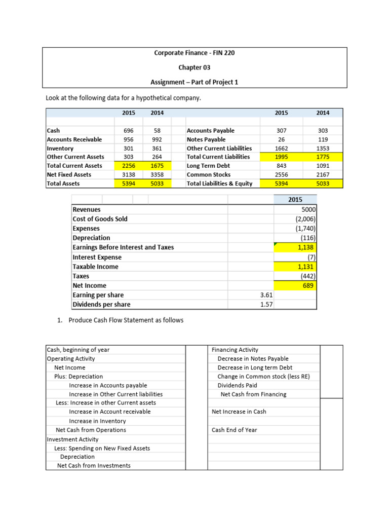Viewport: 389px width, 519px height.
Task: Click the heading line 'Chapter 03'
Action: tap(194, 67)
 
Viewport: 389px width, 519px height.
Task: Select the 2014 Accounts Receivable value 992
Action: tap(157, 139)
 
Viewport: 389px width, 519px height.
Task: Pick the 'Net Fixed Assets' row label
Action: tap(69, 174)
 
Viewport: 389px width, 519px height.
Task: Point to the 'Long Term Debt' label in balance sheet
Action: tap(208, 166)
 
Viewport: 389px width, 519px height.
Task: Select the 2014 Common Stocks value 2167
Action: tap(323, 174)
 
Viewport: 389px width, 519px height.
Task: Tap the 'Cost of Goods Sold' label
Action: tap(100, 219)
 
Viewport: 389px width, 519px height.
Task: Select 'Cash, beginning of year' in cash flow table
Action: tap(78, 350)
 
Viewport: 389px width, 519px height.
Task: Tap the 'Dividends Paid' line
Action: tap(238, 385)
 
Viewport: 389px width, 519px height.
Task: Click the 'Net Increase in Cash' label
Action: tap(239, 412)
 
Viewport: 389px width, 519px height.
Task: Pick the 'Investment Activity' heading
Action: tap(72, 439)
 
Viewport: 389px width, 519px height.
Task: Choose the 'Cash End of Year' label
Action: tap(235, 430)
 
